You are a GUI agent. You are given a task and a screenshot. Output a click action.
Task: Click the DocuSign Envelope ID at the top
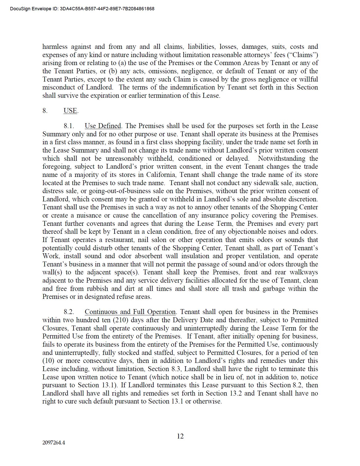coord(82,9)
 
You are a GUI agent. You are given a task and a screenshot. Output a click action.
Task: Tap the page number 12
coord(180,436)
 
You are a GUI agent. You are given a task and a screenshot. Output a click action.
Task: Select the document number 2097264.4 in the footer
coord(54,443)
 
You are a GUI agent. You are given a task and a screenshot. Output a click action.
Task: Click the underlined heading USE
coord(70,111)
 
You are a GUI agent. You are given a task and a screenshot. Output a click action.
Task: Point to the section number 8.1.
coord(69,126)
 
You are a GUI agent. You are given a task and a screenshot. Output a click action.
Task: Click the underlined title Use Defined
coord(103,126)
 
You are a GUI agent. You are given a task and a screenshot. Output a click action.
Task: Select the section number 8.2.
coord(69,312)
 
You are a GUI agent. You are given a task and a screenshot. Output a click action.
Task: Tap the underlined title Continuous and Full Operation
coord(130,312)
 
